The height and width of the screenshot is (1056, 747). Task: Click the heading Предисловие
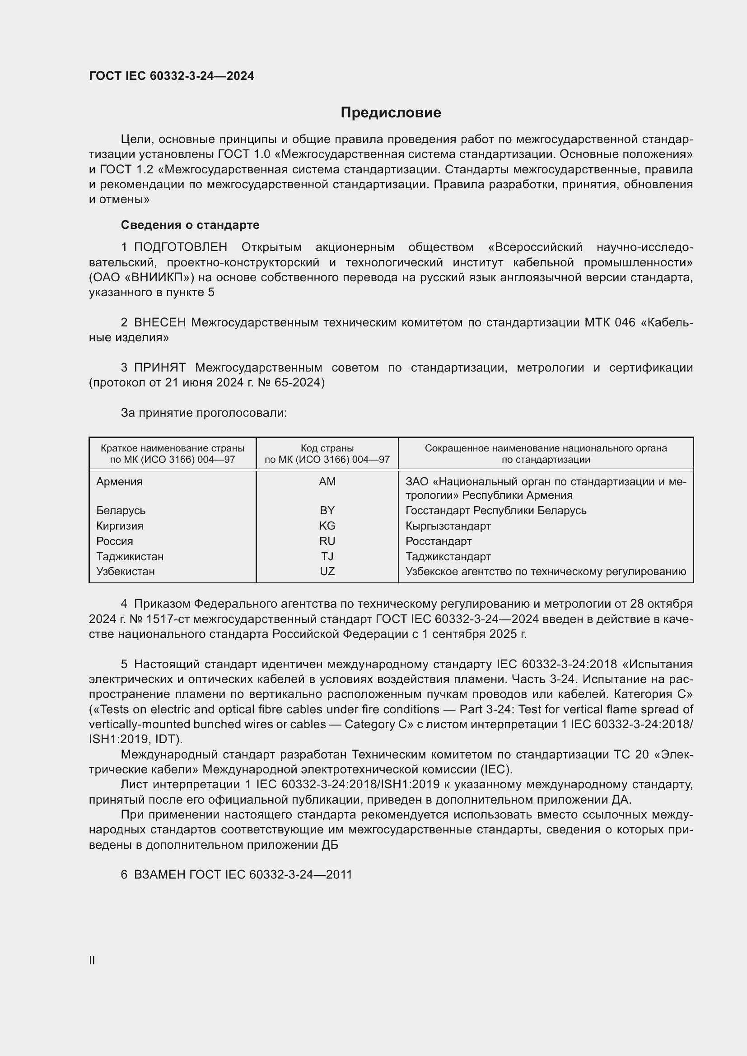[x=391, y=113]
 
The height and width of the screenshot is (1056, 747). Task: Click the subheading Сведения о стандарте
[x=190, y=225]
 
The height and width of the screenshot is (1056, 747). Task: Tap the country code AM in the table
[x=327, y=482]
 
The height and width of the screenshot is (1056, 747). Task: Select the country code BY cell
[x=327, y=511]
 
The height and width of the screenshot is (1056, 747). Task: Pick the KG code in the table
[x=327, y=526]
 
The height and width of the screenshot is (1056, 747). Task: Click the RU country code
[x=327, y=541]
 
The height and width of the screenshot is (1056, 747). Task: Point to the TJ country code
[x=327, y=557]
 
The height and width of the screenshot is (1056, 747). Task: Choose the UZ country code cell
[x=327, y=571]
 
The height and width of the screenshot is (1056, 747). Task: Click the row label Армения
[x=120, y=482]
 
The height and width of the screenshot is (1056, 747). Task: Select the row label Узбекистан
[x=126, y=571]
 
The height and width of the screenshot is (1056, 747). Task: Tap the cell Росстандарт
[x=439, y=541]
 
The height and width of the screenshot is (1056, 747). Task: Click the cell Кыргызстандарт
[x=448, y=526]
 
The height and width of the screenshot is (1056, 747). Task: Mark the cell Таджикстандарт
[x=448, y=557]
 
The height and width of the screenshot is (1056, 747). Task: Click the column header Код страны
[x=327, y=448]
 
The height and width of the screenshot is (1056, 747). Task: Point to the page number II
[x=92, y=960]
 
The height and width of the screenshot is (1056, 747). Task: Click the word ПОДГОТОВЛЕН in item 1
[x=180, y=247]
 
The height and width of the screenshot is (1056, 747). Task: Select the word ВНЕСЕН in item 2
[x=159, y=323]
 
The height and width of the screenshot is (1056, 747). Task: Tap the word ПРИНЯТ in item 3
[x=159, y=368]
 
